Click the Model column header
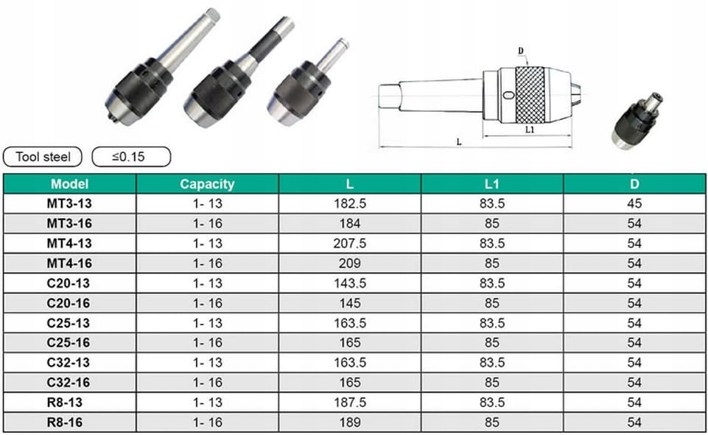pyautogui.click(x=69, y=184)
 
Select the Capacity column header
pyautogui.click(x=207, y=184)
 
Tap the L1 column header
pyautogui.click(x=491, y=184)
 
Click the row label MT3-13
pyautogui.click(x=69, y=203)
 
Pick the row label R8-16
pyautogui.click(x=65, y=422)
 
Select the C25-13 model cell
pyautogui.click(x=69, y=323)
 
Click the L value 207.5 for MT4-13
pyautogui.click(x=350, y=244)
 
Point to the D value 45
pyautogui.click(x=634, y=203)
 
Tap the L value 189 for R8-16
pyautogui.click(x=350, y=422)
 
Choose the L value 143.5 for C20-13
pyautogui.click(x=350, y=283)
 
